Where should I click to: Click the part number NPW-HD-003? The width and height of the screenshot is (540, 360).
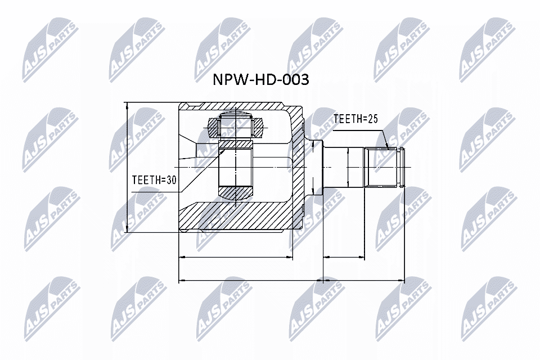tap(260, 80)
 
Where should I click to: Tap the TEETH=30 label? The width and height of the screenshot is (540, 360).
tap(153, 180)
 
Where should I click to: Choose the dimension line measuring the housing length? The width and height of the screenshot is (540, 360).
tap(236, 258)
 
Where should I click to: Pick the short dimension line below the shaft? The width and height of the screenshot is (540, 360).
tap(345, 258)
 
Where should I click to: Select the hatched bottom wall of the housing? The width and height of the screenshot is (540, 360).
tap(236, 217)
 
